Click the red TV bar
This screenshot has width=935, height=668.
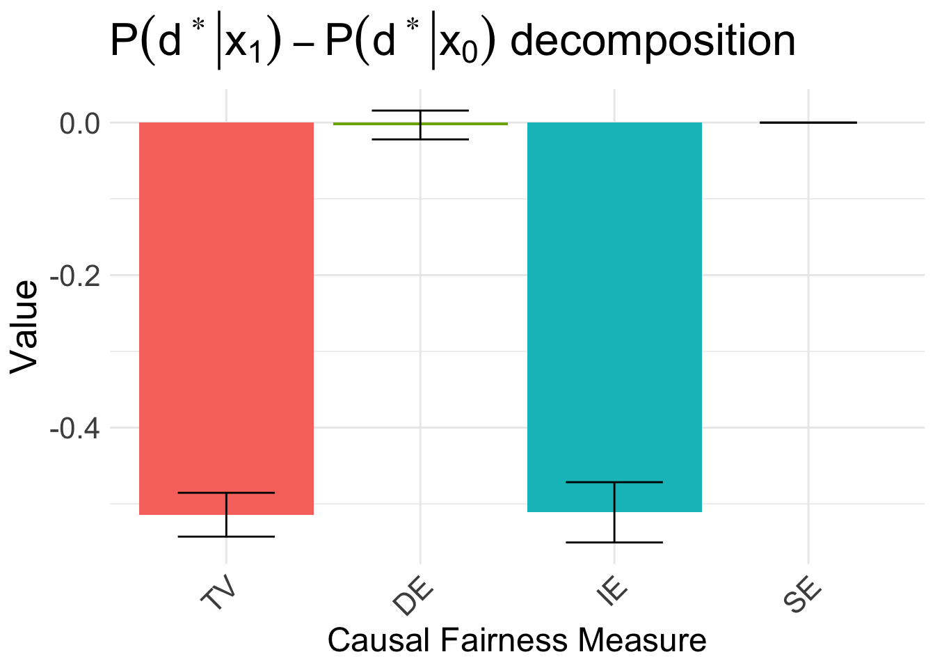pyautogui.click(x=226, y=313)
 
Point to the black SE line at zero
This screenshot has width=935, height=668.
pyautogui.click(x=808, y=122)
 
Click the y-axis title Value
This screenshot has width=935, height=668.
pyautogui.click(x=24, y=327)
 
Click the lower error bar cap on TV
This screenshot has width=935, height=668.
pyautogui.click(x=226, y=536)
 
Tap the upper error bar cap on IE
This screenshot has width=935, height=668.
pyautogui.click(x=614, y=482)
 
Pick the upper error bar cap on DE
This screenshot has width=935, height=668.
pyautogui.click(x=420, y=111)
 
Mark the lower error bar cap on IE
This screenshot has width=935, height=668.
pyautogui.click(x=614, y=542)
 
